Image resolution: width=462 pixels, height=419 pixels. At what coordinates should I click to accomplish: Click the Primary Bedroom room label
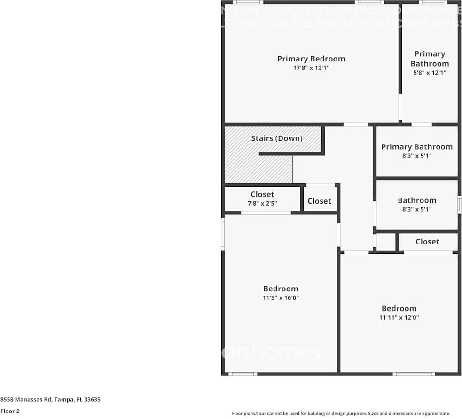311,59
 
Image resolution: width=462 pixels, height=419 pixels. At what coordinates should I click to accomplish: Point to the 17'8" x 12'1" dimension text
311,68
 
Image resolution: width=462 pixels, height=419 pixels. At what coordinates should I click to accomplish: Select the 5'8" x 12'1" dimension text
429,73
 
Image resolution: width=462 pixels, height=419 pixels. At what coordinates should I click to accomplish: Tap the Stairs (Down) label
276,138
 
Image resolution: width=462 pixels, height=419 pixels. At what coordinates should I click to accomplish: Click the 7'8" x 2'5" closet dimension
262,204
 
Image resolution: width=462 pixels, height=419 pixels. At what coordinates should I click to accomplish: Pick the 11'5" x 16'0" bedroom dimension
281,298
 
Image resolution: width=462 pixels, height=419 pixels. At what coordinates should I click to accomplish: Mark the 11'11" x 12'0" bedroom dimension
399,318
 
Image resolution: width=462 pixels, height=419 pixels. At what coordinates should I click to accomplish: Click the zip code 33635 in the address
92,400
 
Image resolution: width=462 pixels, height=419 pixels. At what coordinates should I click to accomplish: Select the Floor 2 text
10,411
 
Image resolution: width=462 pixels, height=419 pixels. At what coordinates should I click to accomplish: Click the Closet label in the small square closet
319,201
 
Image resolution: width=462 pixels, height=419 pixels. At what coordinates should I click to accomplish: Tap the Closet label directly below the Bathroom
427,242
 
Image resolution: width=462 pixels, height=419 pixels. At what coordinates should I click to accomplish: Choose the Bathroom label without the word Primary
417,200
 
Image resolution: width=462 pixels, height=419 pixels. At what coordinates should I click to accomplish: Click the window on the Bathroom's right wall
459,205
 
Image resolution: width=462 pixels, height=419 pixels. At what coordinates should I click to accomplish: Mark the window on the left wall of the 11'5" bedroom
223,233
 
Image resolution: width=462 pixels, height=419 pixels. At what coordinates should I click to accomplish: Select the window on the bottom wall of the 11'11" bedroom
414,373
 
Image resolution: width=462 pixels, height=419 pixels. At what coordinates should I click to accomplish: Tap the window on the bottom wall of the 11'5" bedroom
243,373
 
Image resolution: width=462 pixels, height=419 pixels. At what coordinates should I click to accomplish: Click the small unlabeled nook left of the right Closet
386,242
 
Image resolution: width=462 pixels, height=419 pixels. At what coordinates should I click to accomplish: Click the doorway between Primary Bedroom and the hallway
355,124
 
